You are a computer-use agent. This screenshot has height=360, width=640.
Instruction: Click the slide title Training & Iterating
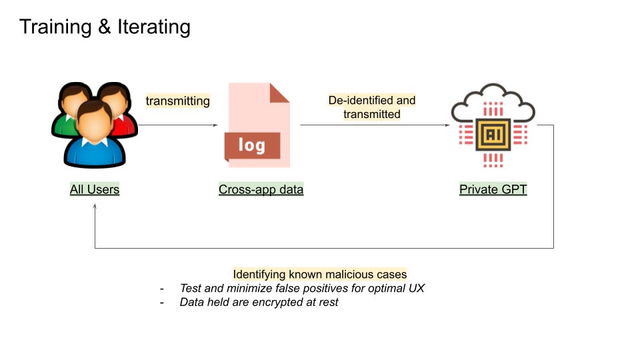[105, 27]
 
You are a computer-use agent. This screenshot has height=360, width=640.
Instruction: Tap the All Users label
[95, 189]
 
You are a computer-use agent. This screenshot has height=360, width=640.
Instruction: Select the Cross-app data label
[261, 189]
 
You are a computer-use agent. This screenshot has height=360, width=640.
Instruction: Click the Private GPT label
[493, 189]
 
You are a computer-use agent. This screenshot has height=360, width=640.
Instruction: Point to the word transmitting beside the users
[177, 101]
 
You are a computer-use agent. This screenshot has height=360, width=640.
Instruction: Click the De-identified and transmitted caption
[371, 107]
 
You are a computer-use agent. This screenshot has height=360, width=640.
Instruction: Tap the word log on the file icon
[251, 145]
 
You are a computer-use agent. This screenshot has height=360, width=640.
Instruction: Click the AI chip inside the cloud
[493, 135]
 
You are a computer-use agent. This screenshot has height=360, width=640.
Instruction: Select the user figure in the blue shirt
[94, 137]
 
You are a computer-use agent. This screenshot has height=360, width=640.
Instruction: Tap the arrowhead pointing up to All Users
[95, 207]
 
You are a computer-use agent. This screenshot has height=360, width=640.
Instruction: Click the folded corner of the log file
[279, 93]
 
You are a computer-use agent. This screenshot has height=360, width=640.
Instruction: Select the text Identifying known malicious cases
[319, 274]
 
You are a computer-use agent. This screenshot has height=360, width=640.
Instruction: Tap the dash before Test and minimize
[161, 289]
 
